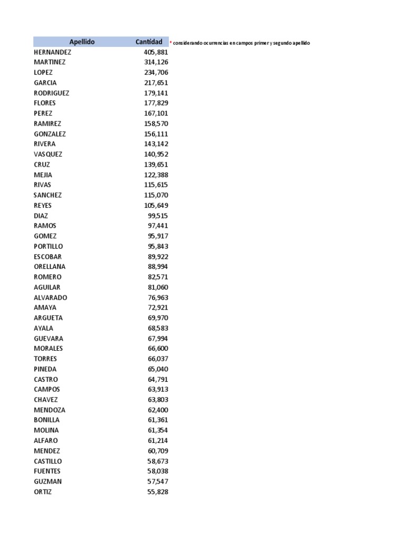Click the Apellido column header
82,42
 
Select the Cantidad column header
149,42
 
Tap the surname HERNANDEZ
52,52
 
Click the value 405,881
156,52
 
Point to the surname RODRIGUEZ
51,93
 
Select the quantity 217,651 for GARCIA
156,83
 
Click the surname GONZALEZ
50,134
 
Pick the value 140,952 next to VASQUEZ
156,154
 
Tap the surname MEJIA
43,175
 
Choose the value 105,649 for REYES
156,205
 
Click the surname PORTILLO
48,246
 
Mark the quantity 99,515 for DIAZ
158,215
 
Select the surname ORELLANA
50,266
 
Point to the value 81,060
158,287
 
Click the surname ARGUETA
48,317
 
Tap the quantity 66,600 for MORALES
158,348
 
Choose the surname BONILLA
46,420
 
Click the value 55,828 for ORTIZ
158,491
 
